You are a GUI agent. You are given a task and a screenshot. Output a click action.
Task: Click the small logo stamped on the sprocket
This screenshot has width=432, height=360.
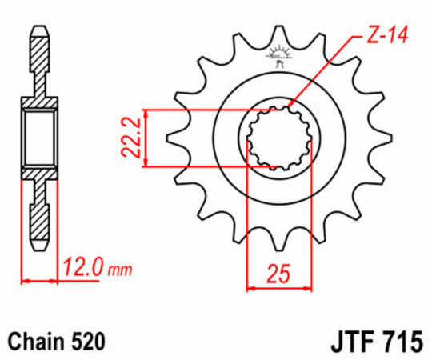pyautogui.click(x=279, y=57)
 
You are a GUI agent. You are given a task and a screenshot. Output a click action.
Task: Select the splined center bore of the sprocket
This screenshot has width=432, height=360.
pyautogui.click(x=277, y=138)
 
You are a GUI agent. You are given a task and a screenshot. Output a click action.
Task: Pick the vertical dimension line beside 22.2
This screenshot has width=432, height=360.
pyautogui.click(x=145, y=138)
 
